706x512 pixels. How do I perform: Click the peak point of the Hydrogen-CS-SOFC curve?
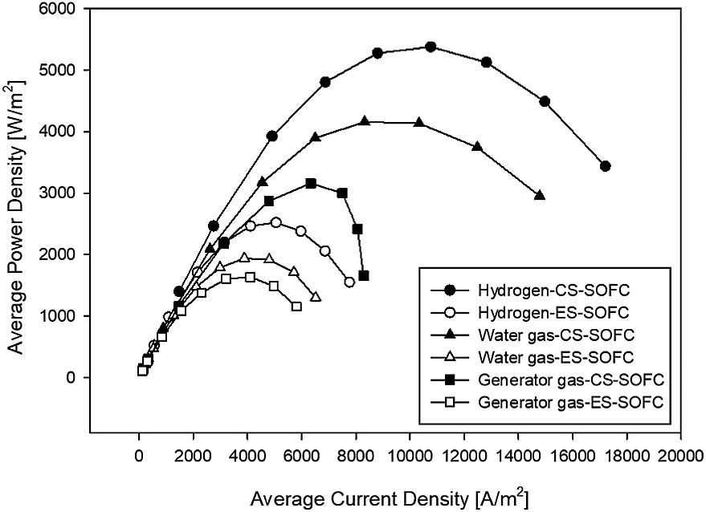(x=431, y=47)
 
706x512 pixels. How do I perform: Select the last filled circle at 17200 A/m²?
(x=605, y=166)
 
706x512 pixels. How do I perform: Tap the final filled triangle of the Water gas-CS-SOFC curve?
(x=540, y=195)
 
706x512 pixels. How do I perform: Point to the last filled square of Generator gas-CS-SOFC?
(x=364, y=276)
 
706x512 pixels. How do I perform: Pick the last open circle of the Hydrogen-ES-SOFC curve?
(x=349, y=282)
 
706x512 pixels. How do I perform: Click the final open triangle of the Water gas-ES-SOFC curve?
(x=316, y=297)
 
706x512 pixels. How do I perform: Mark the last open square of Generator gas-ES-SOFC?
(x=297, y=306)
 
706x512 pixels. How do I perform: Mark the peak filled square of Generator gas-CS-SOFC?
(x=311, y=184)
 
